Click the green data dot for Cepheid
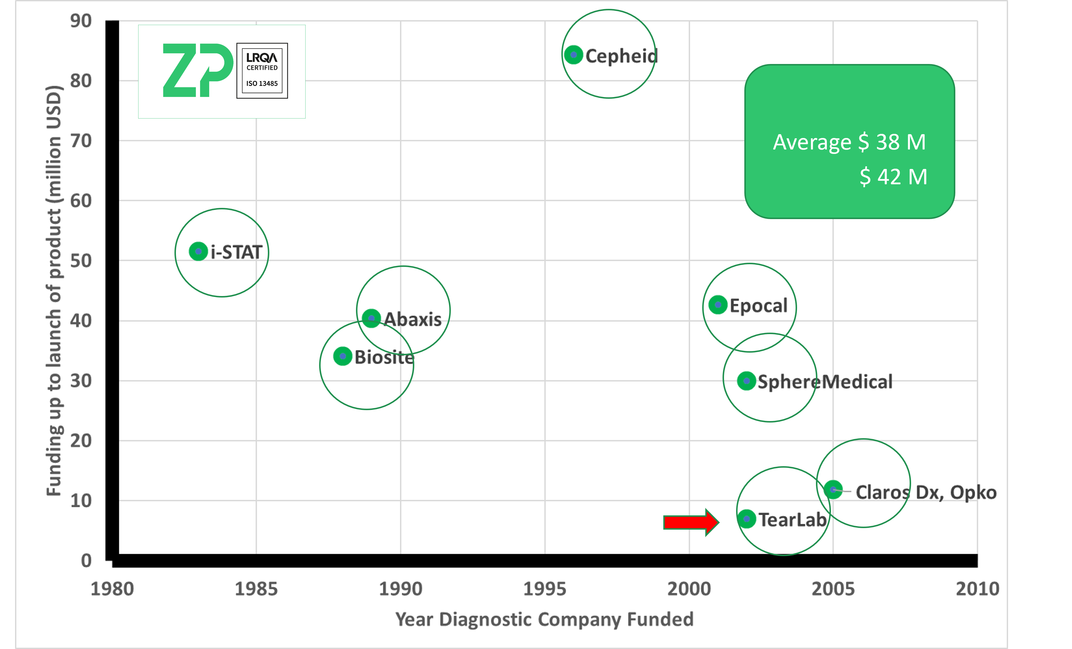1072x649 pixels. coord(573,55)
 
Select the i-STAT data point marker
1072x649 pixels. coord(198,252)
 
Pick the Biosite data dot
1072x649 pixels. coord(343,356)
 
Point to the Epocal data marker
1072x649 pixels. coord(718,305)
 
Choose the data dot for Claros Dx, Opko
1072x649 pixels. coord(833,490)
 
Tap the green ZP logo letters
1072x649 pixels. coord(198,70)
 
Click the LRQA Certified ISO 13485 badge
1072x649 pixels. coord(262,70)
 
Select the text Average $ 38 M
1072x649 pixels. coord(849,142)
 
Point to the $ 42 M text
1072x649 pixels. coord(893,177)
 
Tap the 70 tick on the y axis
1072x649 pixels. coord(81,141)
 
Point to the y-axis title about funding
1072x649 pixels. coord(55,291)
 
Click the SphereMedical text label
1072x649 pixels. coord(825,382)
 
